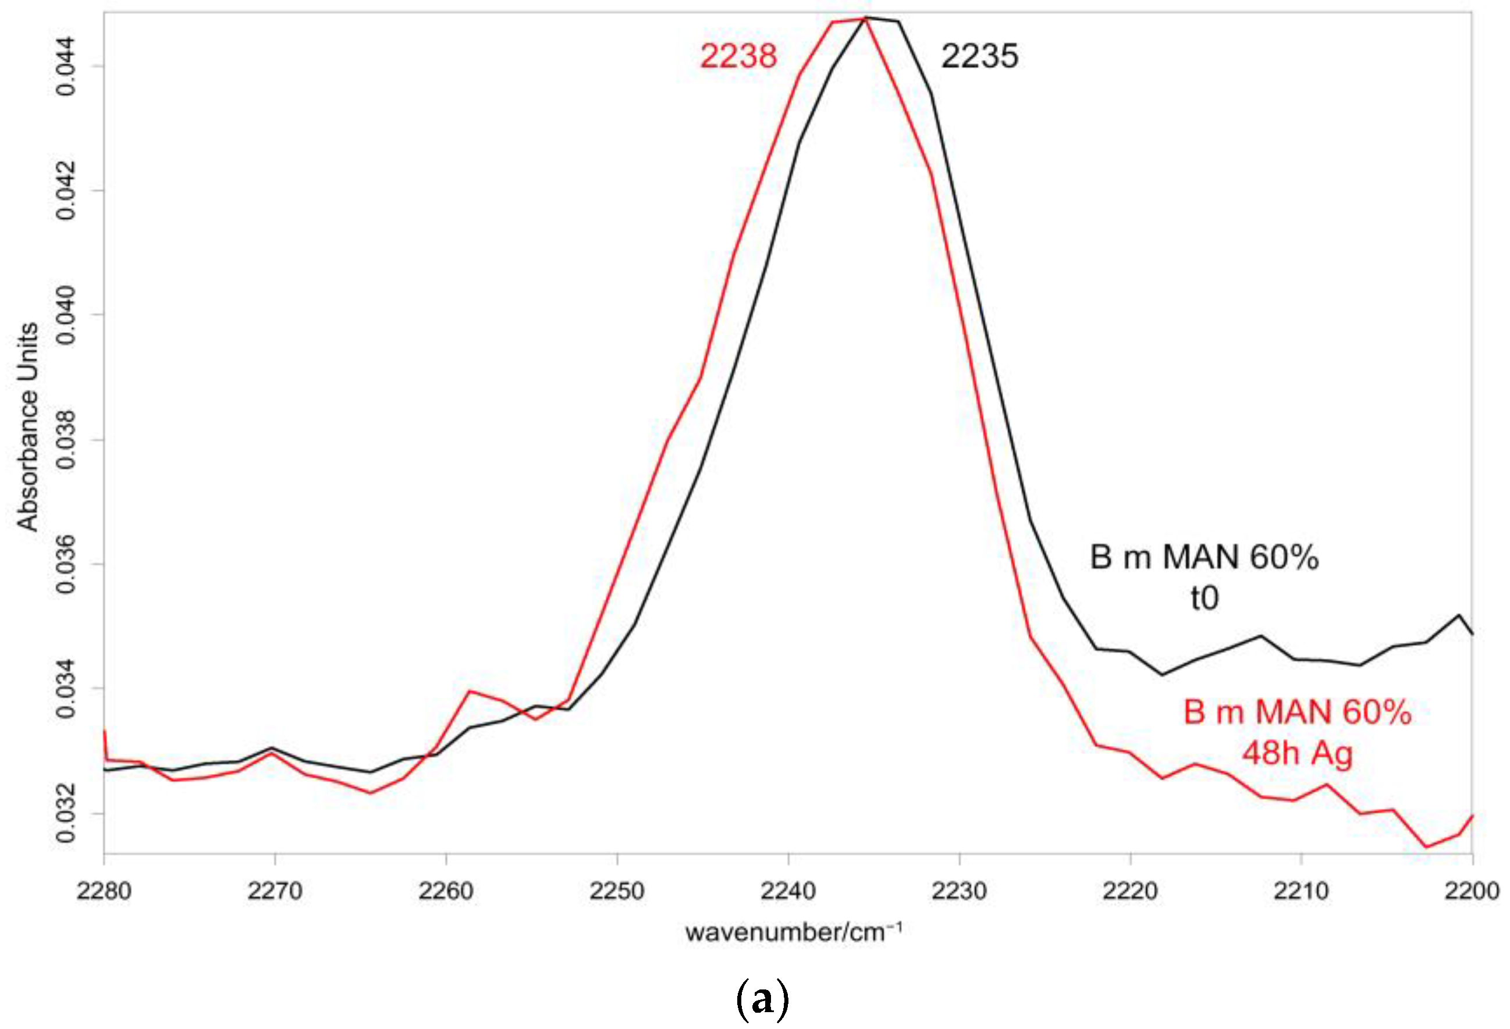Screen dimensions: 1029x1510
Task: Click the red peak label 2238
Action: (738, 56)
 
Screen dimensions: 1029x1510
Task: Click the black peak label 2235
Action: (979, 56)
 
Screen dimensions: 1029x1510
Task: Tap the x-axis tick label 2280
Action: (104, 891)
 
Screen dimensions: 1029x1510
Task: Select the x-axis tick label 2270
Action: (275, 891)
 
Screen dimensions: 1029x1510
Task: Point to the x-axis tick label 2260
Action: (446, 891)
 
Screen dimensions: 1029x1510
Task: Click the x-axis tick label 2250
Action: (617, 891)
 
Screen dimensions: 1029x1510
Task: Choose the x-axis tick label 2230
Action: (959, 891)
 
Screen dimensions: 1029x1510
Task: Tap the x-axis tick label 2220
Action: (1130, 891)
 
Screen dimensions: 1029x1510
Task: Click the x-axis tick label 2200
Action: (1472, 891)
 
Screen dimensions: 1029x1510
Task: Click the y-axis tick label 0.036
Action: (67, 564)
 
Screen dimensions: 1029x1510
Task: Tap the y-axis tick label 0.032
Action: (67, 813)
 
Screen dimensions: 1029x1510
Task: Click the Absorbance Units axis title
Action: (27, 427)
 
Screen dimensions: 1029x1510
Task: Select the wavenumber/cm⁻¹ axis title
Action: (793, 933)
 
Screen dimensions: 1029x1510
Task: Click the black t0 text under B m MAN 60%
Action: (1204, 599)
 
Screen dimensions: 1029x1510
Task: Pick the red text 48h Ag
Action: (1297, 753)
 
